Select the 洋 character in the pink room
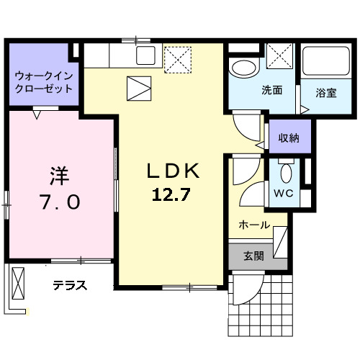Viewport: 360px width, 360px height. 59,176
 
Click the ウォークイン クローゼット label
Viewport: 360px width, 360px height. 44,82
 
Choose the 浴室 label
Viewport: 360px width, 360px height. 326,92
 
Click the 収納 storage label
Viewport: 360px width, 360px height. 289,137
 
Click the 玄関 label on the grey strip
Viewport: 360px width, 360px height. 253,255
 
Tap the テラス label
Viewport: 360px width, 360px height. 70,285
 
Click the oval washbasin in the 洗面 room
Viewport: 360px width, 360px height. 243,68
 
